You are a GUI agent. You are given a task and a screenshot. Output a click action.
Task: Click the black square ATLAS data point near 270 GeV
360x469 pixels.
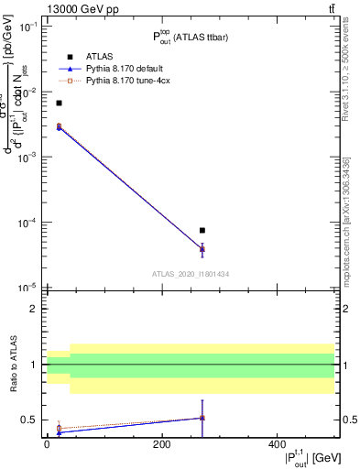point(202,230)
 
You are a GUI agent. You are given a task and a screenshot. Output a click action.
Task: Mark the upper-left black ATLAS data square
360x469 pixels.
point(59,104)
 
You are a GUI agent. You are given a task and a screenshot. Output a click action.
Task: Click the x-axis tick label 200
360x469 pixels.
point(161,443)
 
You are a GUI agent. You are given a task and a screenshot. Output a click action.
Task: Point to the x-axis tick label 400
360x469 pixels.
point(277,443)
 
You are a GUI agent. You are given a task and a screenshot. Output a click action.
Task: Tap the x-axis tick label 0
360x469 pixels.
point(47,443)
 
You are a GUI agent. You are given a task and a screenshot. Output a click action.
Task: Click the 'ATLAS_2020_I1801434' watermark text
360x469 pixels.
point(190,273)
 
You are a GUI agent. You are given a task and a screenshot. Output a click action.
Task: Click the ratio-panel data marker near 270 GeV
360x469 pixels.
point(202,418)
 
